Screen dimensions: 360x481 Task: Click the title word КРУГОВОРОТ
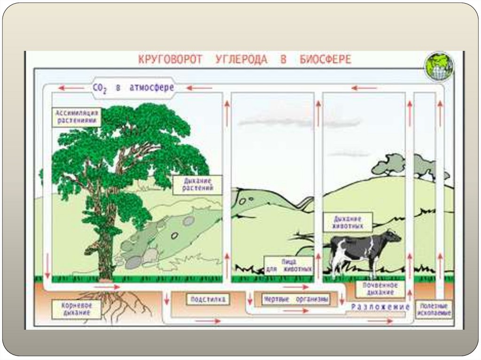click(x=170, y=60)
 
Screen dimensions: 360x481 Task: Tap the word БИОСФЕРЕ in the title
click(x=325, y=60)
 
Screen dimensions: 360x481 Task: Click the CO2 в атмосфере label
click(x=133, y=88)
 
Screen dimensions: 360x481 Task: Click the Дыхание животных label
click(x=348, y=222)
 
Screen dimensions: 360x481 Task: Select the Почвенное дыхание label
click(x=380, y=289)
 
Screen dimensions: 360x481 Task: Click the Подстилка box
click(x=208, y=299)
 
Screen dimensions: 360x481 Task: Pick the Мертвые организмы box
click(x=295, y=299)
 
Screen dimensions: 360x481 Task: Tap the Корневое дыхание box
click(x=77, y=309)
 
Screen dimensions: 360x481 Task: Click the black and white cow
click(x=362, y=249)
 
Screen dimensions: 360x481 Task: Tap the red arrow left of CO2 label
click(x=68, y=88)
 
